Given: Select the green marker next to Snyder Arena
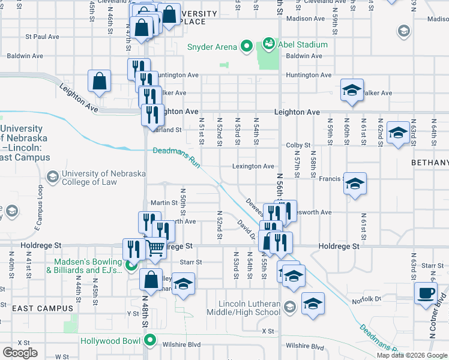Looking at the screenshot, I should (246, 46).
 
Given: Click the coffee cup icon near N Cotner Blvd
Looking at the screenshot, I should (426, 293).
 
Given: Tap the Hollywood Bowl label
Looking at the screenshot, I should (112, 341).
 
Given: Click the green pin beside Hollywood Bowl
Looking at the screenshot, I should (150, 342).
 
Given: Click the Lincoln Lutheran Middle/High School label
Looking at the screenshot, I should (243, 308).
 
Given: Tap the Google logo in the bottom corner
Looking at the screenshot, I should (20, 353).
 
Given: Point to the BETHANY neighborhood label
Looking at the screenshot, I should (430, 163).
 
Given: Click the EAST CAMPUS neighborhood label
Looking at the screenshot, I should (42, 308).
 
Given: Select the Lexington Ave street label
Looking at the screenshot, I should (254, 166).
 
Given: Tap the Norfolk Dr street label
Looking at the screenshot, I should (367, 299).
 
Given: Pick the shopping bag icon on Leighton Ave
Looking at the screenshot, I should (100, 82).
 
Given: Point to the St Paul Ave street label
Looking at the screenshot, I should (42, 37).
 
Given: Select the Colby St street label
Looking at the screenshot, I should (298, 145).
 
